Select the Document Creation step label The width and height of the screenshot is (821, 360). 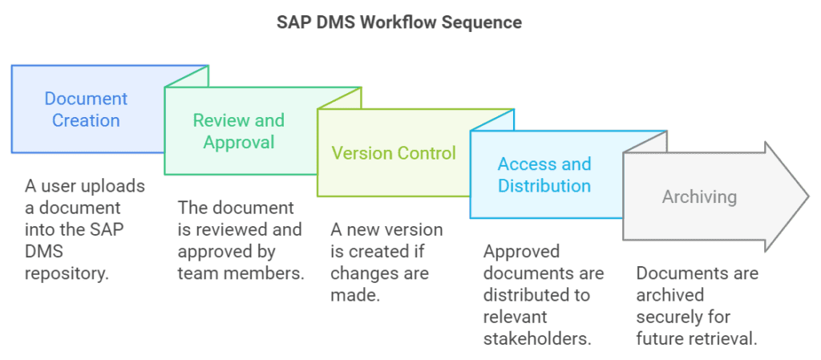point(86,110)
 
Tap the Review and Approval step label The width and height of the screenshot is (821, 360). point(239,131)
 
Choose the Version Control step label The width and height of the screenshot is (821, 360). point(394,153)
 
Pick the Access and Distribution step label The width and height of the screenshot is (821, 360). point(544,175)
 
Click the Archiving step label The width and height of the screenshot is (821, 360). point(699,196)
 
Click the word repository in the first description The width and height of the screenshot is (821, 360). point(66,273)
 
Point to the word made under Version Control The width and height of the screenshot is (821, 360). point(354,295)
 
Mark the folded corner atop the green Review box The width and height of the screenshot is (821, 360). point(191,76)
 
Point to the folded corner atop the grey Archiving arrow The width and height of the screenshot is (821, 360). point(650,142)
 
